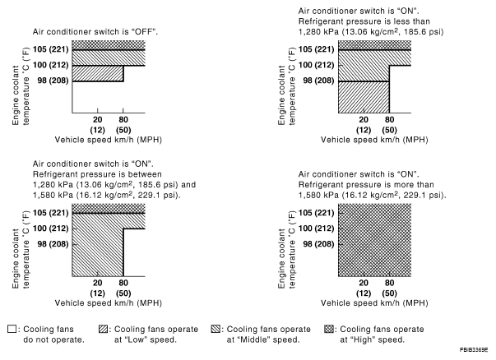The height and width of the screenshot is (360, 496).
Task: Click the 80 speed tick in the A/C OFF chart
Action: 123,120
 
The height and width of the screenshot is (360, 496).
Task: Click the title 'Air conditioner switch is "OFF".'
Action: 95,30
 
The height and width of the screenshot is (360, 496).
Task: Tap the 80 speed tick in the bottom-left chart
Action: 123,284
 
